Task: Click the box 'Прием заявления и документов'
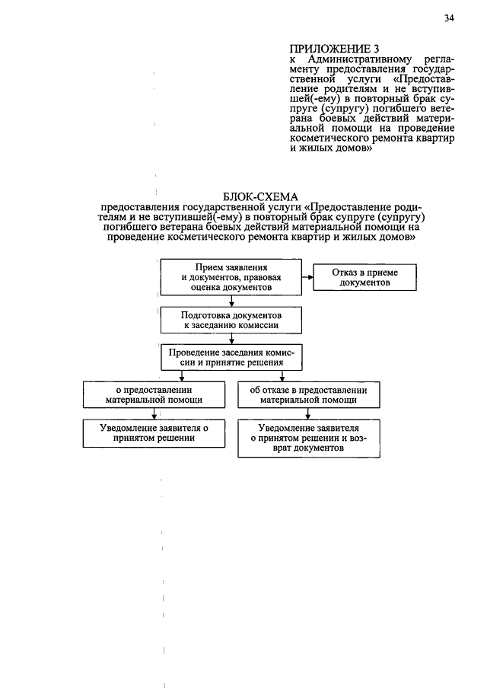(x=231, y=279)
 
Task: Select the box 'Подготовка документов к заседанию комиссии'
(x=231, y=319)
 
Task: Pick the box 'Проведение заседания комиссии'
(x=231, y=358)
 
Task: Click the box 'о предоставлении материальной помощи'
(x=154, y=394)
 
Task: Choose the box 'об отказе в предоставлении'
(x=308, y=394)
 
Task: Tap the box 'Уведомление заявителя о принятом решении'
(x=154, y=432)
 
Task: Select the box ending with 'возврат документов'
(x=308, y=439)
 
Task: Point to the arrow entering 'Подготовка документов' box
(x=231, y=302)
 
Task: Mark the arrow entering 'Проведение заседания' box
(x=231, y=340)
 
